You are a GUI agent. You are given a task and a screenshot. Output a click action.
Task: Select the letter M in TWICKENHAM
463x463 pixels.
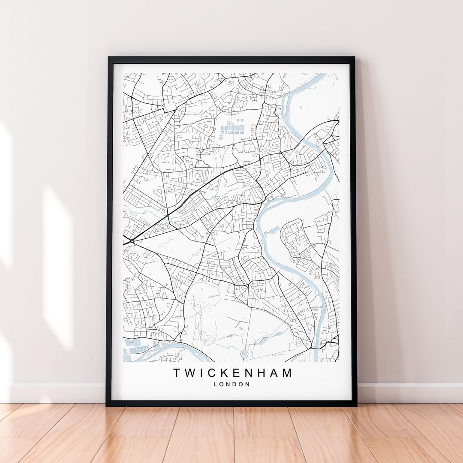pos(286,373)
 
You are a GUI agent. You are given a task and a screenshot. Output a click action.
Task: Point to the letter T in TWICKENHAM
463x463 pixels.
pos(177,373)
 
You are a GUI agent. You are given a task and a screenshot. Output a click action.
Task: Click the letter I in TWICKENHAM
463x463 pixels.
pos(202,373)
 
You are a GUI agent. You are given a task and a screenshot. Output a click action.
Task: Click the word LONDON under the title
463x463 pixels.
pos(231,384)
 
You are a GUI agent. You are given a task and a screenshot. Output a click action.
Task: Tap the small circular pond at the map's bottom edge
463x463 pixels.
pos(244,354)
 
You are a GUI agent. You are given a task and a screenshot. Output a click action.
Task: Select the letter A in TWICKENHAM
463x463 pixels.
pos(273,373)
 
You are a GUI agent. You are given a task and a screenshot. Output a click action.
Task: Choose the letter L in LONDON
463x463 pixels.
pos(215,384)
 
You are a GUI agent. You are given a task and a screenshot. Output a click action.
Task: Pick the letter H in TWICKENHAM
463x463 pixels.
pos(261,373)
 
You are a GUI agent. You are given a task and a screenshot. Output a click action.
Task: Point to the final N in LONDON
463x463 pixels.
pos(247,384)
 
